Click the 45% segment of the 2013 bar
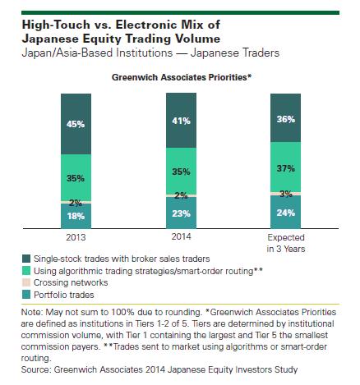(x=76, y=124)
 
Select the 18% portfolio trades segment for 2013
(x=76, y=216)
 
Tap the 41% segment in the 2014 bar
(x=181, y=121)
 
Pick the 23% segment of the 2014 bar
(x=181, y=213)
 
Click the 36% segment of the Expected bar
(x=285, y=118)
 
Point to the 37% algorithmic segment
(x=285, y=167)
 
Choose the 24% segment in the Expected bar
(x=285, y=212)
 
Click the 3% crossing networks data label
(x=286, y=194)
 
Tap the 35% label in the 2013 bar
(x=76, y=178)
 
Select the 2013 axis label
(x=76, y=237)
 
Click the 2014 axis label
(x=181, y=236)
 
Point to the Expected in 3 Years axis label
(x=286, y=243)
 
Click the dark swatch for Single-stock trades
(x=26, y=259)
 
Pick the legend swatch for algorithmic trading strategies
(x=26, y=271)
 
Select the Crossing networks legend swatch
(x=26, y=282)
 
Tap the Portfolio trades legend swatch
(x=26, y=295)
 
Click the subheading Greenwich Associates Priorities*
(x=182, y=77)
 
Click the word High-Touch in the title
(x=56, y=25)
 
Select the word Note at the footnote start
(x=30, y=312)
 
